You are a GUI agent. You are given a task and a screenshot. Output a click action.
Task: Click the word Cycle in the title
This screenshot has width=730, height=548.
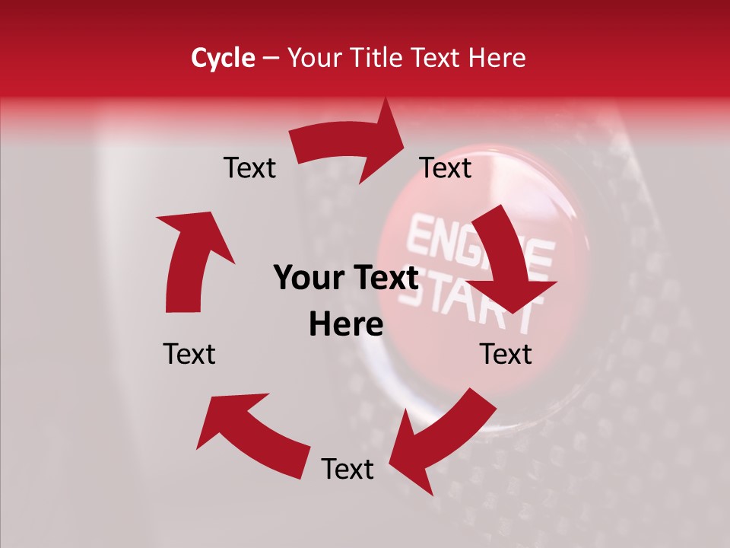tap(223, 58)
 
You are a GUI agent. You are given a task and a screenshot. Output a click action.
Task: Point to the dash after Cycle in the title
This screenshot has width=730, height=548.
tap(271, 59)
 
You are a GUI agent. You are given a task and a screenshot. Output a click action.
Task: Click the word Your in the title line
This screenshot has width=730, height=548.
tap(313, 58)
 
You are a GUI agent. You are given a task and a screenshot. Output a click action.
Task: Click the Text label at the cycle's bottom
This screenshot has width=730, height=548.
tap(348, 469)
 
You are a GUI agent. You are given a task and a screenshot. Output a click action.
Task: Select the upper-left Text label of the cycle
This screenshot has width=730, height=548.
tap(249, 167)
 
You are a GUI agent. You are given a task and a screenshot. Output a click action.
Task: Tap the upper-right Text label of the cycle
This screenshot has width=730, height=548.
tap(446, 167)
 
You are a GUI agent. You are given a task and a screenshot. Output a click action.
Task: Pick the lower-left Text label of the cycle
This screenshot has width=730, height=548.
tap(189, 354)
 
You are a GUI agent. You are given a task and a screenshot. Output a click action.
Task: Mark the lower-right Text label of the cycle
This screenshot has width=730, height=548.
tap(506, 354)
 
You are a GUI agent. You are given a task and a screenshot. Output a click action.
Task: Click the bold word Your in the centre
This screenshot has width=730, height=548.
tap(309, 278)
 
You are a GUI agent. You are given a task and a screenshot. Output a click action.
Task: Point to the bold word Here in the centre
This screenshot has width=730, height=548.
tap(346, 324)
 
